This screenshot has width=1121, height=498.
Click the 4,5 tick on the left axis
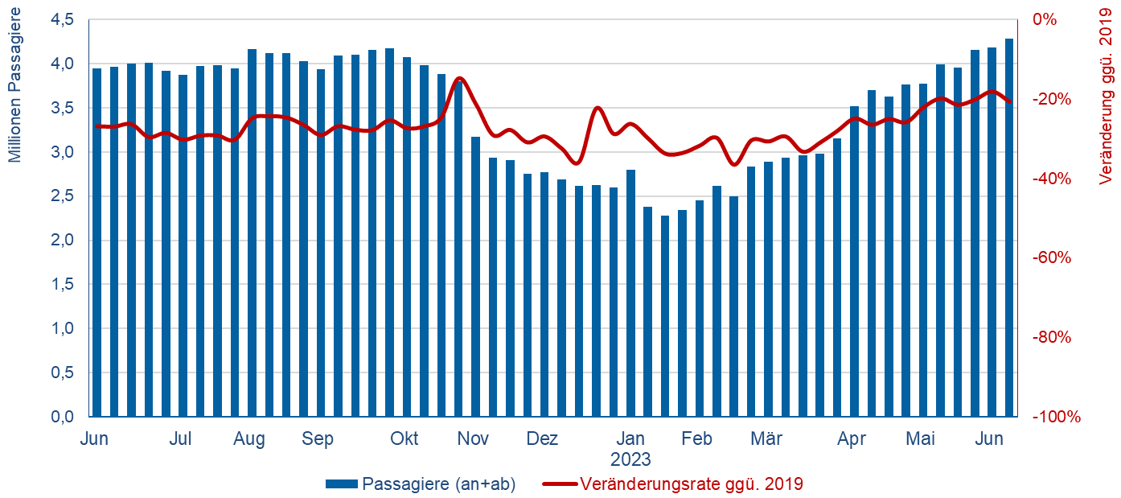point(63,19)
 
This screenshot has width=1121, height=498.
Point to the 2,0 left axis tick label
point(63,241)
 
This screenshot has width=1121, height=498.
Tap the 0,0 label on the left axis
point(63,417)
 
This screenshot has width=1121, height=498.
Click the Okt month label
point(404,439)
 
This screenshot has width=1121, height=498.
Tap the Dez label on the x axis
point(542,439)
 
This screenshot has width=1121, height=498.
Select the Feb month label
point(696,439)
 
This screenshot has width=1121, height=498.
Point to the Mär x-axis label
point(766,439)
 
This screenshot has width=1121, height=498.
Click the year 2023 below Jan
point(630,460)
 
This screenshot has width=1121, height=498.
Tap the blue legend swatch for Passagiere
point(341,484)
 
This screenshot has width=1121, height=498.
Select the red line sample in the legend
point(559,484)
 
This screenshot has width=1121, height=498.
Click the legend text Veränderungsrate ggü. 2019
point(692,484)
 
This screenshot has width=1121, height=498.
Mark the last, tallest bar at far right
point(1008,227)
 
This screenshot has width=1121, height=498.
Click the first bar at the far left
point(97,242)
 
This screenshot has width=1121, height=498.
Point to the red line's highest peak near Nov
point(459,77)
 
